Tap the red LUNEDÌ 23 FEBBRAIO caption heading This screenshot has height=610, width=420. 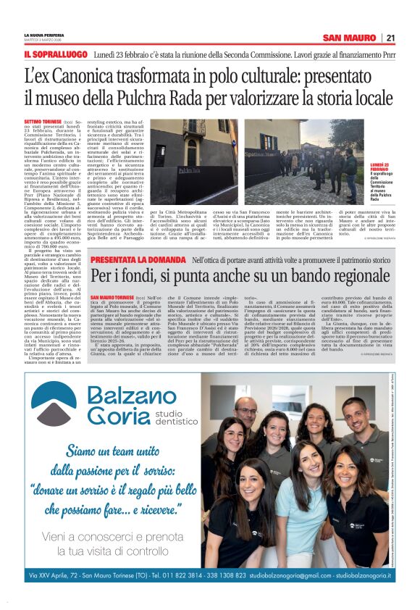[x=379, y=166]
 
